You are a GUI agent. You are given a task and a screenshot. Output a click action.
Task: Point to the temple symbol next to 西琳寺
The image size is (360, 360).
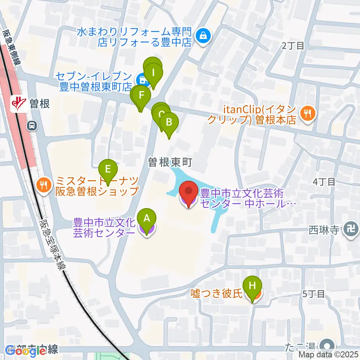[351, 229]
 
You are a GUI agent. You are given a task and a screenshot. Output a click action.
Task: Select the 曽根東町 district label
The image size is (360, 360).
[170, 162]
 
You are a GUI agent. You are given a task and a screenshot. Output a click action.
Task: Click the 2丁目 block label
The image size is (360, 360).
[292, 46]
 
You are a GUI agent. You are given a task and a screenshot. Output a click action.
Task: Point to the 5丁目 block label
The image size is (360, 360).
[313, 294]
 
